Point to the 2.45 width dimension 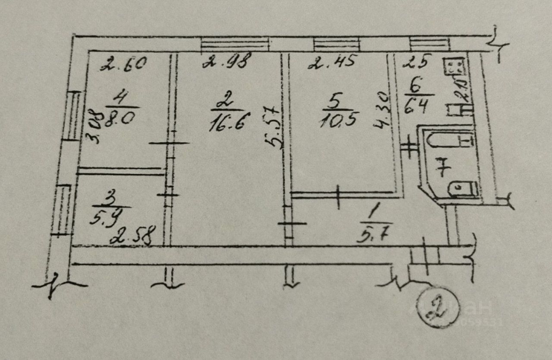(333, 63)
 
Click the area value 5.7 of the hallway (375, 236)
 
